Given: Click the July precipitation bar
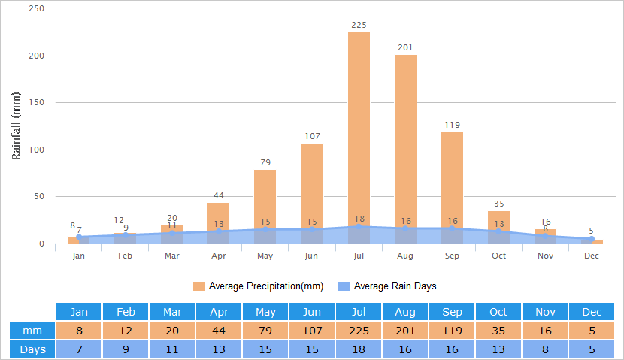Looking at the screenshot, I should point(359,128).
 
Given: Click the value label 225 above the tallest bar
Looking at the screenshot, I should point(359,25).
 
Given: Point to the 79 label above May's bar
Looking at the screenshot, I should point(265,162).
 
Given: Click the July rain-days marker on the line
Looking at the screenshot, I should point(359,226).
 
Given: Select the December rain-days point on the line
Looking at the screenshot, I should point(592,239).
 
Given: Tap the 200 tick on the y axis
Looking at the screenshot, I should point(36,56).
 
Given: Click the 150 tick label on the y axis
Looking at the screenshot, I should point(36,103).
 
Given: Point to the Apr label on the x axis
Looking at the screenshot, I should point(219,256).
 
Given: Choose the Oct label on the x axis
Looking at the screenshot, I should point(498,256).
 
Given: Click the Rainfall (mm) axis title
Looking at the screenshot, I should point(17,126).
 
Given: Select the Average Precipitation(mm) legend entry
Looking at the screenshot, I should point(259,286).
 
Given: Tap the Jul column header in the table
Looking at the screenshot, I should point(359,312).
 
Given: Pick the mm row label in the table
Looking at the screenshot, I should point(32,331).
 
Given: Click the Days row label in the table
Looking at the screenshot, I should point(32,349).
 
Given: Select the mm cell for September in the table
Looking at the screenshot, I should point(452,331).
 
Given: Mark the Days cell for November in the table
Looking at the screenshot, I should point(545,349).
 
